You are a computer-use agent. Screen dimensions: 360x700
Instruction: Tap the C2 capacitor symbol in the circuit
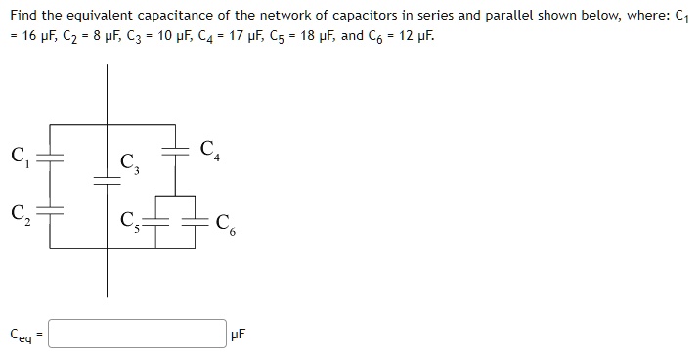point(50,209)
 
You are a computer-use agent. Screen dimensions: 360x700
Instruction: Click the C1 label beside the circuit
point(18,156)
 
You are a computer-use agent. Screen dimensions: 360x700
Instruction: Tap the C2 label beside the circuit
point(18,211)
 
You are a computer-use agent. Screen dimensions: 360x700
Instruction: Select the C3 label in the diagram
point(129,165)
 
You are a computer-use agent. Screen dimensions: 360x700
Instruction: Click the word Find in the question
point(23,15)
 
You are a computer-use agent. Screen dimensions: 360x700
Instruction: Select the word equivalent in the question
point(109,15)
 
